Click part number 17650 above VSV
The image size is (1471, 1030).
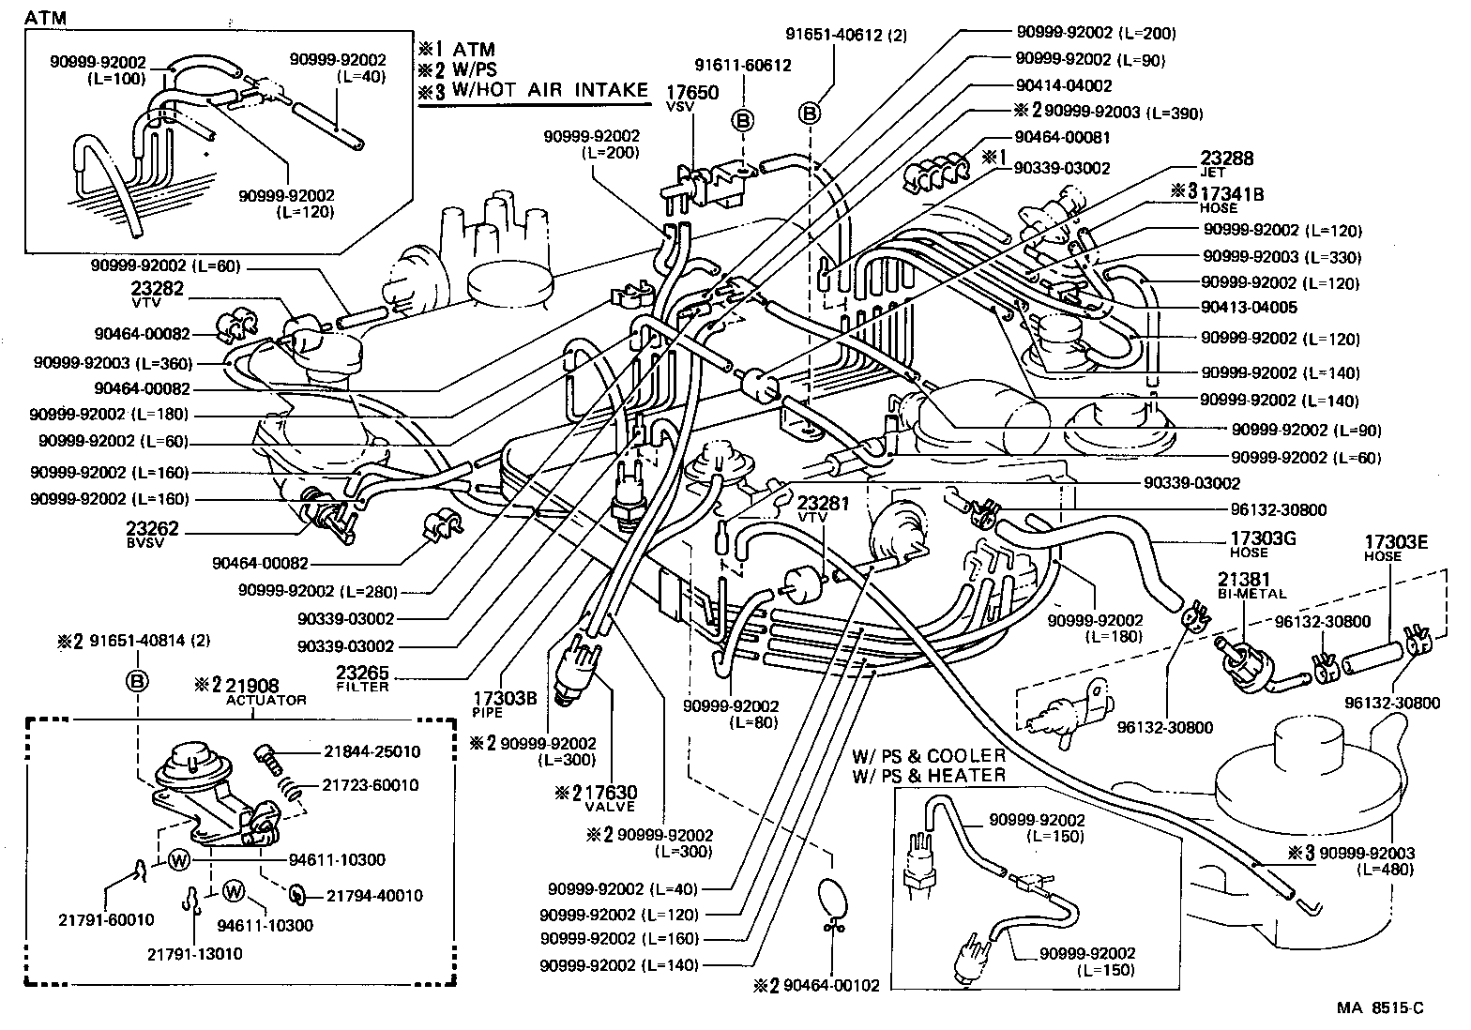(x=692, y=93)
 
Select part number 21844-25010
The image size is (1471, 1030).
(x=372, y=751)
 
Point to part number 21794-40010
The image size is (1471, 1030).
(x=373, y=896)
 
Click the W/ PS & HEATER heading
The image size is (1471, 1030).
(x=929, y=775)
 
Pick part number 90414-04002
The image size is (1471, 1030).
(x=1063, y=85)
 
